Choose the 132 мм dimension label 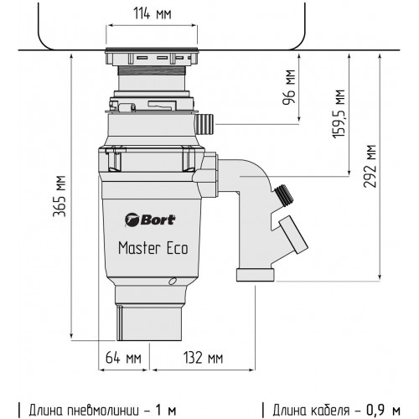[203, 358]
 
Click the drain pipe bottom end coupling [255, 275]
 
